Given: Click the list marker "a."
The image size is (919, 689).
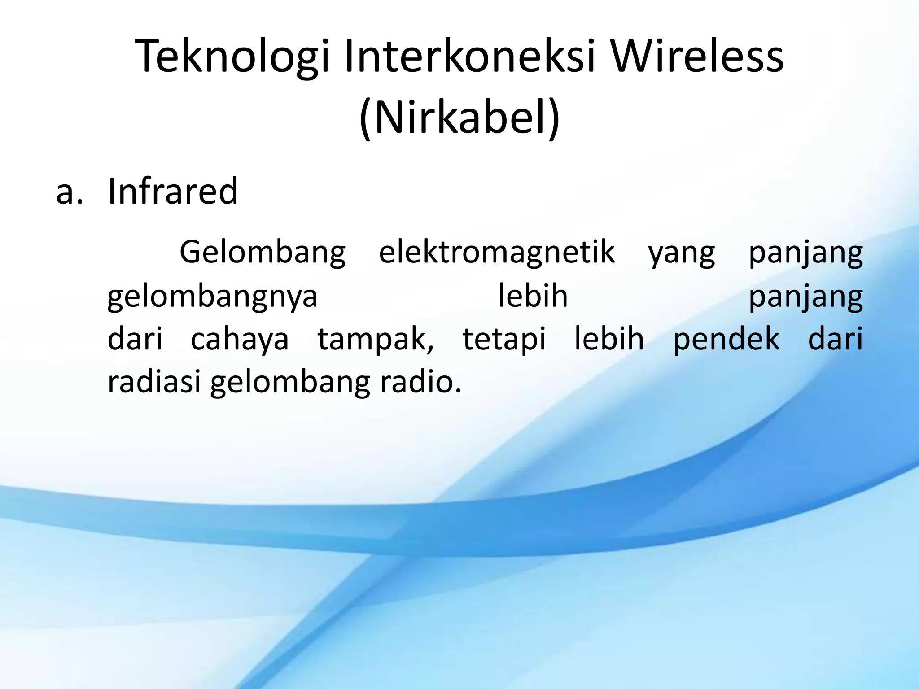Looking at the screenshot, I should (70, 192).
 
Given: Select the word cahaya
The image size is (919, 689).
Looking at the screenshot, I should (240, 340).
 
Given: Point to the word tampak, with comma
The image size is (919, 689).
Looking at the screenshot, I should (376, 340).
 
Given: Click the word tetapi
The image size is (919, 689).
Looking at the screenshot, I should (504, 340).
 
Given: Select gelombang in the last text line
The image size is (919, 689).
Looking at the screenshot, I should (290, 383).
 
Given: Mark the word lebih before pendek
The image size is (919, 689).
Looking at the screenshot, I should (609, 339).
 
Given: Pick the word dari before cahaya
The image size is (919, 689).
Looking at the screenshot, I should (135, 339).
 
